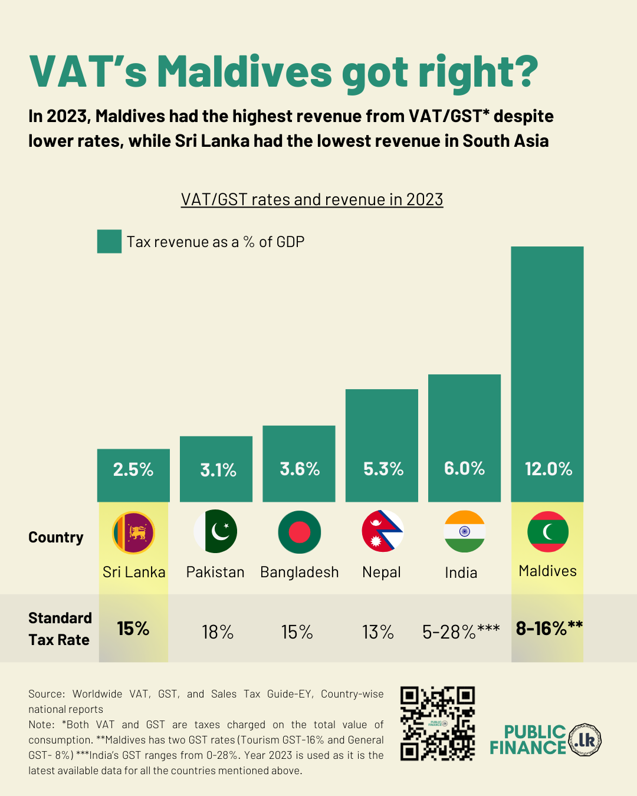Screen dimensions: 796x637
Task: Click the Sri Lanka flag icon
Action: (x=133, y=532)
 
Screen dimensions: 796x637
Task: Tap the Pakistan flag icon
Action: (x=216, y=531)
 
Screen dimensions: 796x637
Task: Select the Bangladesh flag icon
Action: (x=299, y=532)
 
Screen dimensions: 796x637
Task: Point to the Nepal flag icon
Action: (x=382, y=531)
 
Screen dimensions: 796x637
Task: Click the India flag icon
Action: (x=465, y=531)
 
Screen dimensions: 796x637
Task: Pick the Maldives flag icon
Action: (x=547, y=531)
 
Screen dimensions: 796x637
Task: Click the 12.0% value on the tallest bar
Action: (x=549, y=469)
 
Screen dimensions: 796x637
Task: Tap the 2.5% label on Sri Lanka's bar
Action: (x=133, y=469)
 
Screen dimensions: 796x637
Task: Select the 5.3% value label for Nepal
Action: (x=383, y=469)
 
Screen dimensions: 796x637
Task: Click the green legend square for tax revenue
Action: (x=109, y=242)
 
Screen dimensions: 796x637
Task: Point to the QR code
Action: (x=438, y=723)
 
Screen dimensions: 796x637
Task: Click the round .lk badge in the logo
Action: (x=585, y=739)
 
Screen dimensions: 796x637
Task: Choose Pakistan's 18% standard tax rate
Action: (x=218, y=632)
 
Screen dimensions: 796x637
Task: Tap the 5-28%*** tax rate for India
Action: (x=461, y=631)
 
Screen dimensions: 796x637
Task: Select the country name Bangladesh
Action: (x=300, y=572)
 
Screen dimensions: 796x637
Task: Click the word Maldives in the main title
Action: (x=244, y=72)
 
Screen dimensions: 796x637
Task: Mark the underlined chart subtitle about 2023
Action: (x=312, y=199)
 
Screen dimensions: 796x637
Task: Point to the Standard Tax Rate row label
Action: (x=60, y=629)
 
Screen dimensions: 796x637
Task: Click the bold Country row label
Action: (x=56, y=537)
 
